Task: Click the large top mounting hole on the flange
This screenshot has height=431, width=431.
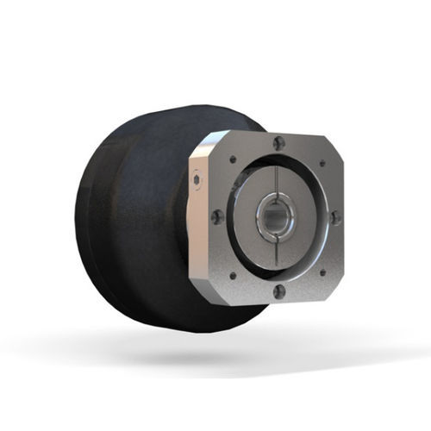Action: (x=278, y=144)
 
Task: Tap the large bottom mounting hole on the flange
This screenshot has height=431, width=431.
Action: (x=278, y=291)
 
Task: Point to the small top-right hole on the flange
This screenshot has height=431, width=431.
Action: (x=322, y=162)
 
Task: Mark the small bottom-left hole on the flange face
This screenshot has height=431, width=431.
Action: (x=231, y=275)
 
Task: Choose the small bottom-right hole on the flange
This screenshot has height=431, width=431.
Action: (x=322, y=274)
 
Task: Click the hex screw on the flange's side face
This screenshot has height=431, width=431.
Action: (x=197, y=181)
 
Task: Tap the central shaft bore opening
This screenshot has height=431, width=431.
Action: (x=276, y=218)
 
